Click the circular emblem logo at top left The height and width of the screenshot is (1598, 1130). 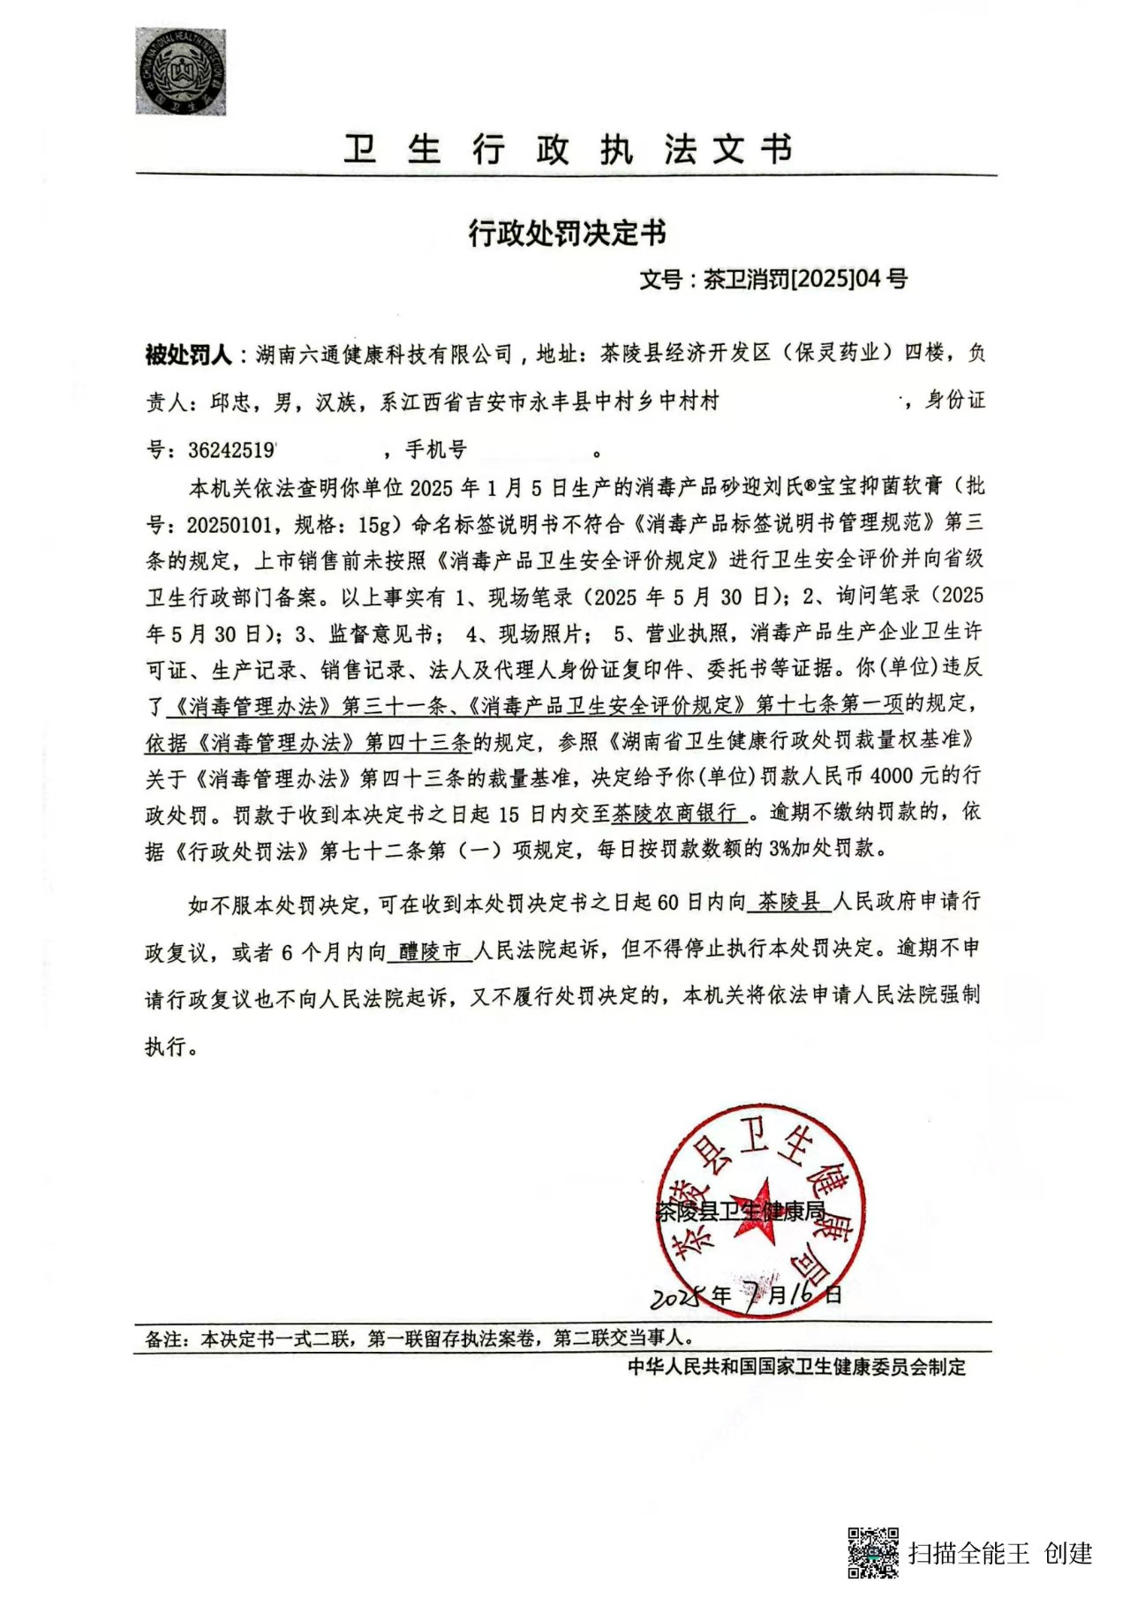(x=180, y=71)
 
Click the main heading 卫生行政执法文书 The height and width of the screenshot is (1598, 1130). (x=567, y=150)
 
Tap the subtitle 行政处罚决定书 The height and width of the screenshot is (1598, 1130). (x=567, y=233)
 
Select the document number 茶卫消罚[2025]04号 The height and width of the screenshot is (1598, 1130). (x=805, y=280)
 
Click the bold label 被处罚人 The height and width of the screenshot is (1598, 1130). (x=188, y=355)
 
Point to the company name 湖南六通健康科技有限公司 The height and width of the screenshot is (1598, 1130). (x=384, y=355)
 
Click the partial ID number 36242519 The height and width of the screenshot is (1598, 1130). (x=231, y=450)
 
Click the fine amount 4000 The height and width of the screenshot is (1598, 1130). (x=899, y=776)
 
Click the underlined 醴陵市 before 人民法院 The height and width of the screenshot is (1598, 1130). (x=431, y=951)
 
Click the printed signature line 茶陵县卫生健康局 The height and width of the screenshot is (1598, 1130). (x=742, y=1211)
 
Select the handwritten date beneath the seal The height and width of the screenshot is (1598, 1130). (x=746, y=1294)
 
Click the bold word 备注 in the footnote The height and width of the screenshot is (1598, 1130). (x=165, y=1339)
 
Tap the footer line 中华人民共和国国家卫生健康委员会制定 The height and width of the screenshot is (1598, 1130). (x=796, y=1367)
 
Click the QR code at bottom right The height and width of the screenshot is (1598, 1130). (x=872, y=1553)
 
